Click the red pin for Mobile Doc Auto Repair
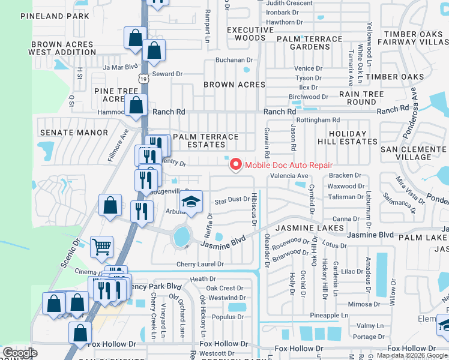[235, 164]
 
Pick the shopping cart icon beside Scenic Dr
[101, 246]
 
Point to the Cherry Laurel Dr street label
[200, 264]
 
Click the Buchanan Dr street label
[234, 60]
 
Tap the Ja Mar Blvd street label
[120, 67]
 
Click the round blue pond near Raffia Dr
[181, 236]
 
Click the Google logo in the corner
[20, 353]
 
